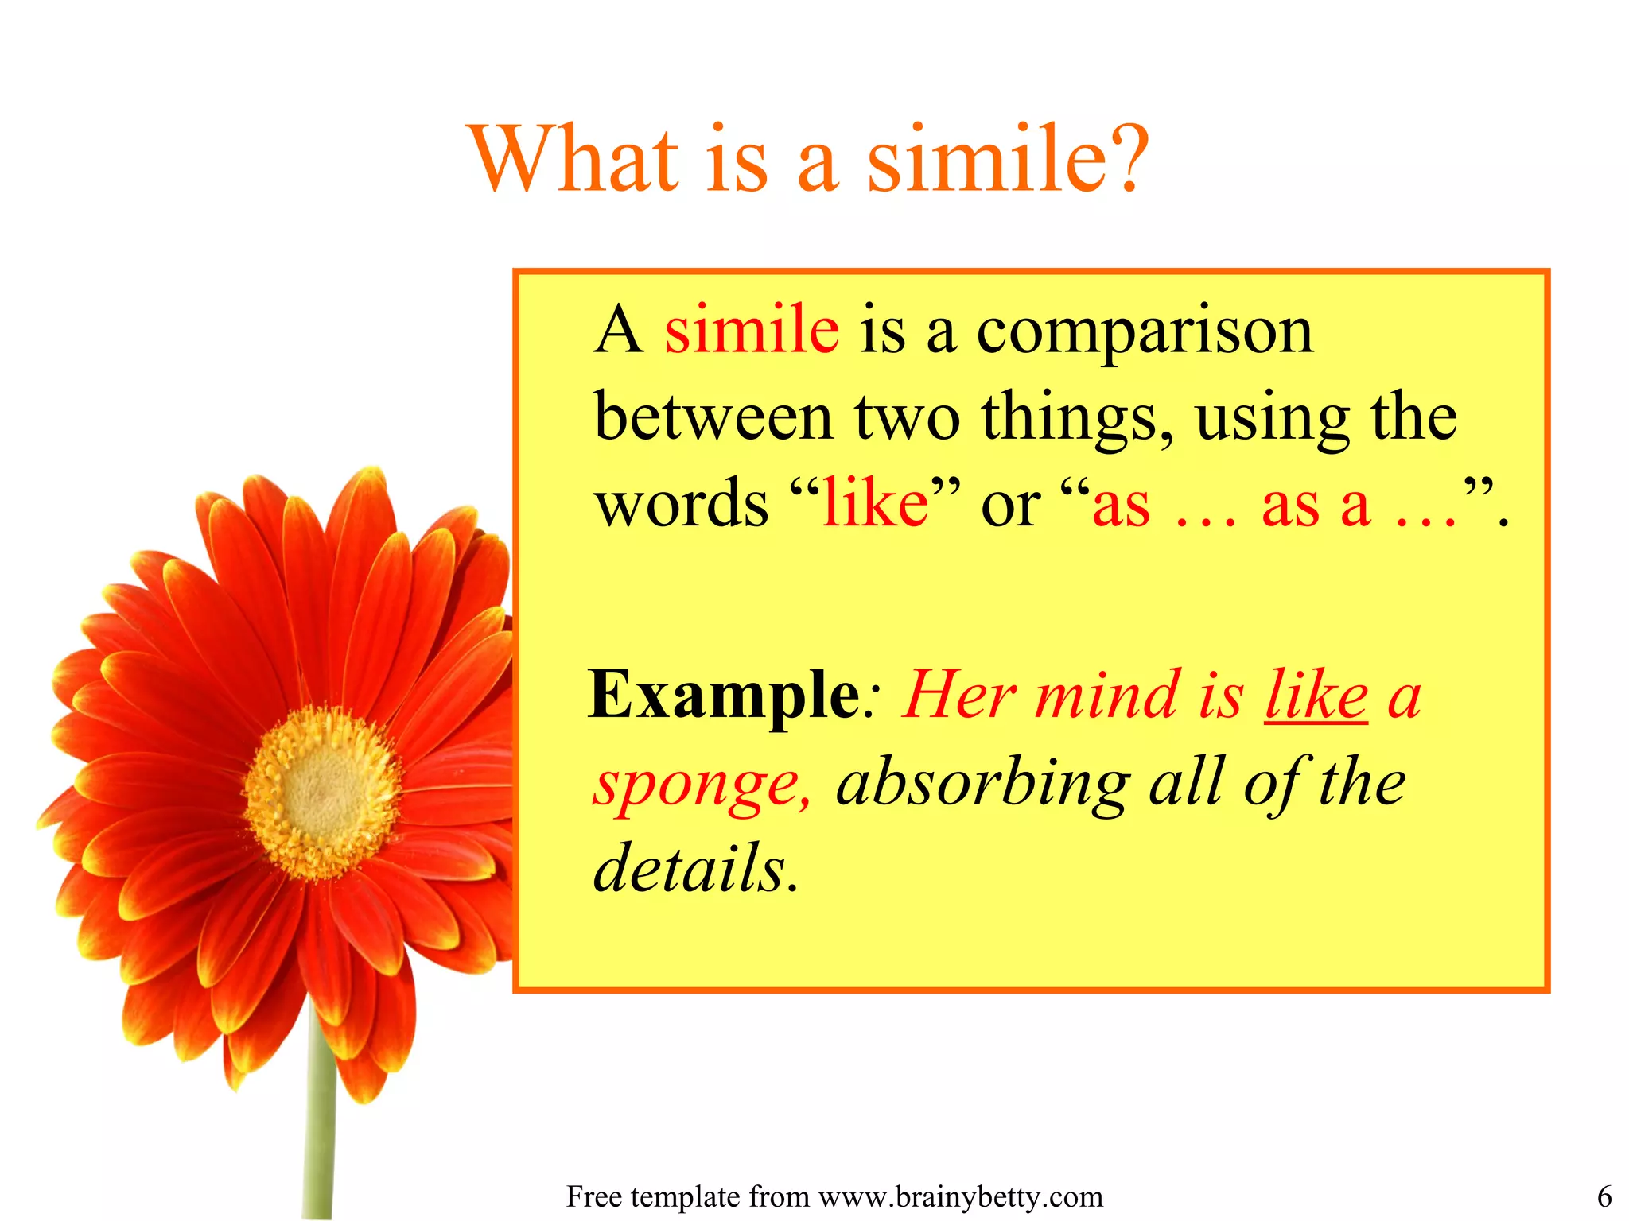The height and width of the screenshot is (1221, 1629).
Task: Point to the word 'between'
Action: click(x=713, y=417)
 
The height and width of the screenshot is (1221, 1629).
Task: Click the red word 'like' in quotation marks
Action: click(x=875, y=504)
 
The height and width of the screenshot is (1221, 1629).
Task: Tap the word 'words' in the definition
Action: click(x=682, y=504)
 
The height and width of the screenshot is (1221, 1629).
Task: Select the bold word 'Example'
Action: click(x=724, y=696)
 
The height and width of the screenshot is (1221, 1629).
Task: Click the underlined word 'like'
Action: click(x=1316, y=696)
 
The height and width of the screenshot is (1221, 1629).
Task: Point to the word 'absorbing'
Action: click(x=983, y=784)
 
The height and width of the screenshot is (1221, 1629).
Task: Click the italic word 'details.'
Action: click(x=695, y=868)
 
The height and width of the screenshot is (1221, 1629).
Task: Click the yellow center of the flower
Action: click(x=321, y=792)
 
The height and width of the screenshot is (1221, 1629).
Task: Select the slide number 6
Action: click(x=1604, y=1197)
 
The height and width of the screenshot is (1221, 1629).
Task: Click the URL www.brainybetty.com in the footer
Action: click(x=961, y=1197)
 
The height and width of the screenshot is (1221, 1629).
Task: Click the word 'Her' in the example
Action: click(x=958, y=696)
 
